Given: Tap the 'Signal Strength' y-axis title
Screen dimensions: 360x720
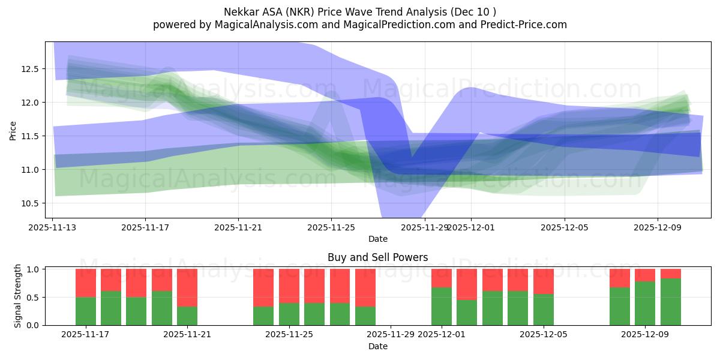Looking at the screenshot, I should point(18,296).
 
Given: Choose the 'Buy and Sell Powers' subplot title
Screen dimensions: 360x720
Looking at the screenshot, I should point(377,257).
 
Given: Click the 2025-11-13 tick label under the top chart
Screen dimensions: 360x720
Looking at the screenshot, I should point(53,227).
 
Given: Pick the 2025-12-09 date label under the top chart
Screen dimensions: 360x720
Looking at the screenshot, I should point(657,227).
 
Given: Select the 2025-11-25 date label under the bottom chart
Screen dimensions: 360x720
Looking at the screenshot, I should point(289,335).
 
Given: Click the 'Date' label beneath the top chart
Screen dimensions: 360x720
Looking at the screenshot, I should point(377,239).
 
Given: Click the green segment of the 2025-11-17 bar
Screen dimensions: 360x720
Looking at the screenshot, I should point(86,311).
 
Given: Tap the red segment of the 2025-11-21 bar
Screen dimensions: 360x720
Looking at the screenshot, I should point(187,287).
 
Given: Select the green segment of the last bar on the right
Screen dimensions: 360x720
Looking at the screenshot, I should point(670,302).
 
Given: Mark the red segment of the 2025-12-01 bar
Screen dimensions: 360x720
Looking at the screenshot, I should point(442,278).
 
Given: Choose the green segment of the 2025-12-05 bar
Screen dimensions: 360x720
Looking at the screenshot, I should point(544,310).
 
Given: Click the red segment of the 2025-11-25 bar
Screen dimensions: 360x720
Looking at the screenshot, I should point(289,286).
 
